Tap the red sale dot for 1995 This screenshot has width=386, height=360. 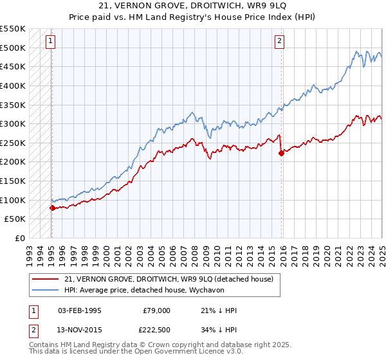52,208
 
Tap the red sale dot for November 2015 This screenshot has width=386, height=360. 281,153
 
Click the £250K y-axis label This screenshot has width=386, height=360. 13,143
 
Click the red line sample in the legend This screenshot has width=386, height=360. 46,279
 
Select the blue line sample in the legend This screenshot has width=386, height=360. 46,290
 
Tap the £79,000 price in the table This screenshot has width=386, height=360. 156,310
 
